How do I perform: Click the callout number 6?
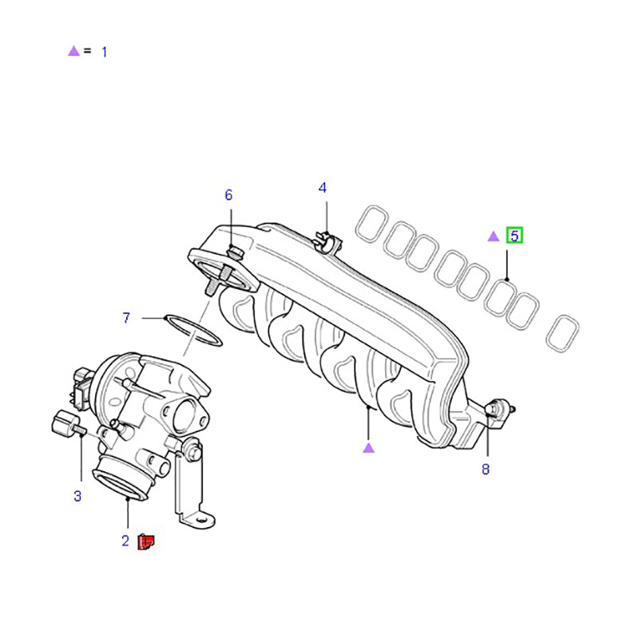pyautogui.click(x=228, y=195)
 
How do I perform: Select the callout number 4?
pyautogui.click(x=323, y=188)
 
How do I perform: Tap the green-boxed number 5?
pyautogui.click(x=514, y=236)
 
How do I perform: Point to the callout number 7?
pyautogui.click(x=126, y=319)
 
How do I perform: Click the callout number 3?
pyautogui.click(x=77, y=496)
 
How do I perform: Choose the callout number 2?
pyautogui.click(x=125, y=541)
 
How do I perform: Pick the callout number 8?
pyautogui.click(x=485, y=470)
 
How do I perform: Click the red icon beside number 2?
pyautogui.click(x=146, y=542)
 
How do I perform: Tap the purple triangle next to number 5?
pyautogui.click(x=494, y=236)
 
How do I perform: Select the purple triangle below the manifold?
pyautogui.click(x=368, y=447)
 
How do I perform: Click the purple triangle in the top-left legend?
pyautogui.click(x=73, y=51)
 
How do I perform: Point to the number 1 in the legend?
pyautogui.click(x=104, y=52)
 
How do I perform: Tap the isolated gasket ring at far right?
pyautogui.click(x=563, y=333)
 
